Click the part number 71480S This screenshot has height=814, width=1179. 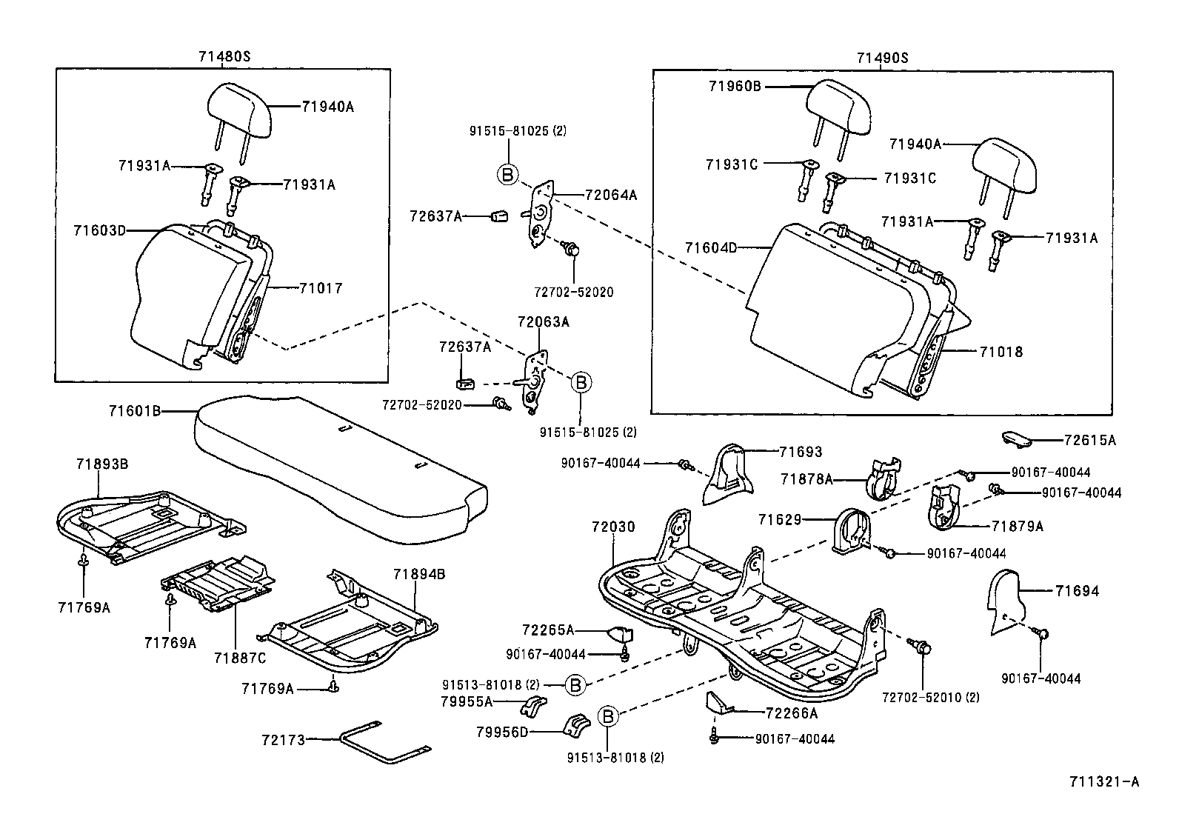223,57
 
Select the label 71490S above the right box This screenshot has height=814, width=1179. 882,57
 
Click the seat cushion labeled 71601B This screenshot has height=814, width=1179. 333,467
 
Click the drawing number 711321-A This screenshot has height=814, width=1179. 1103,781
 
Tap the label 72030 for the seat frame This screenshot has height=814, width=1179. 613,527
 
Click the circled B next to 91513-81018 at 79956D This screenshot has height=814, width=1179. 607,716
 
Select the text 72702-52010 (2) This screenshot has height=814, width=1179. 930,697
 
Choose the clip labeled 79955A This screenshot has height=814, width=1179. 534,706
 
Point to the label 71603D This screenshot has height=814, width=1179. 99,230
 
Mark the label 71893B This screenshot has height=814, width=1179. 102,464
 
